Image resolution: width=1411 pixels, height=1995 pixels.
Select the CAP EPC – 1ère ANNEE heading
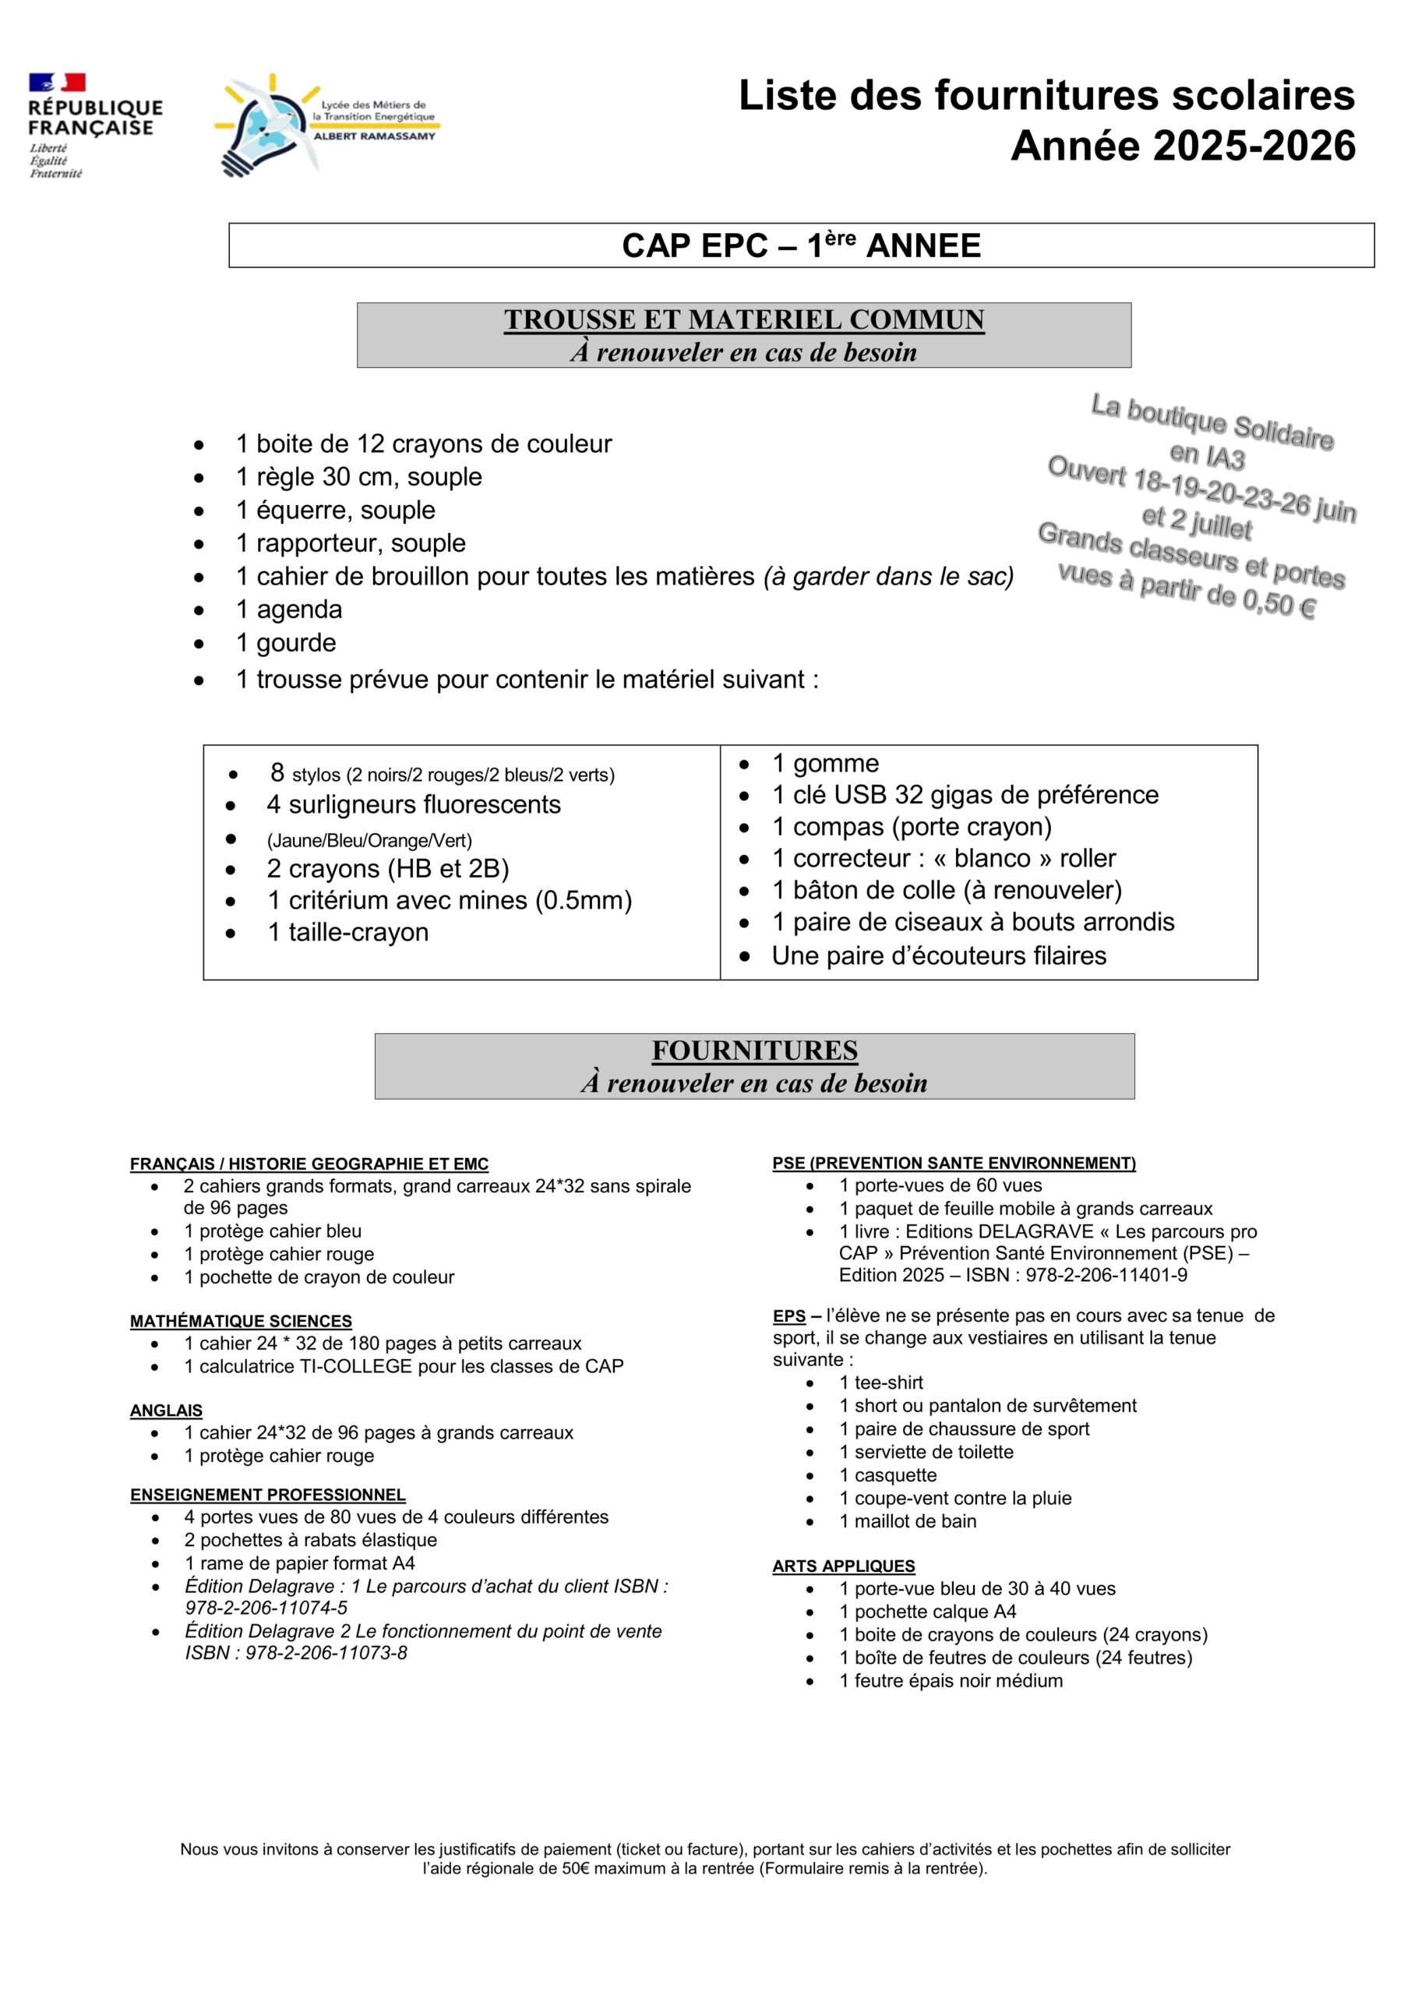(x=800, y=246)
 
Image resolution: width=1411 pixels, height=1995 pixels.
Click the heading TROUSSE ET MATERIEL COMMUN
(x=744, y=320)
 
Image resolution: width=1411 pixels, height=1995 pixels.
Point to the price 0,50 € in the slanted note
(x=1279, y=602)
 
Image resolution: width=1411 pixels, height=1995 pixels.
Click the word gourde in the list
(x=296, y=643)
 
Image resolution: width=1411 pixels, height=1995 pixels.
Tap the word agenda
(x=299, y=609)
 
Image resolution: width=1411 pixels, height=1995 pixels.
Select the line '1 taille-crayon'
(x=347, y=932)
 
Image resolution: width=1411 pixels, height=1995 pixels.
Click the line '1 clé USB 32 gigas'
(x=965, y=795)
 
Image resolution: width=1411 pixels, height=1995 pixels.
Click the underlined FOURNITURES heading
(x=754, y=1050)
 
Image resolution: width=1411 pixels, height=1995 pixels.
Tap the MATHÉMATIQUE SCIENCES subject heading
(x=241, y=1322)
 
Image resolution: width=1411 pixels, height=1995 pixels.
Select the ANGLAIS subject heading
(x=166, y=1411)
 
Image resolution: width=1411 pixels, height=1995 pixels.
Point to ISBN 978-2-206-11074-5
(x=266, y=1608)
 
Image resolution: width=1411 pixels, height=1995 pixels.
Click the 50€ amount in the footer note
(x=577, y=1868)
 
